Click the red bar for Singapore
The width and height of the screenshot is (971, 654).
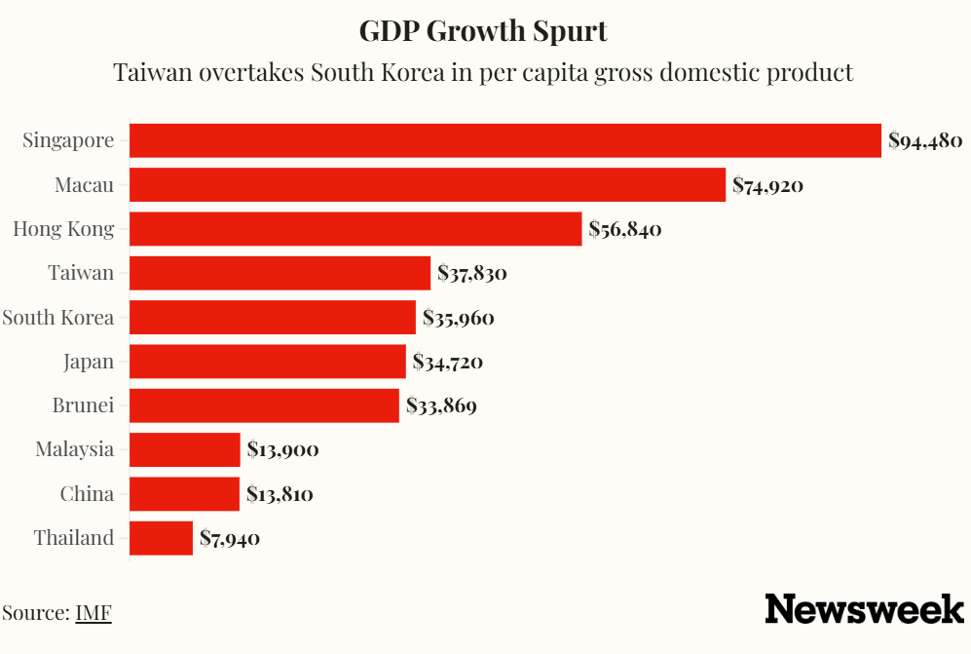pos(504,140)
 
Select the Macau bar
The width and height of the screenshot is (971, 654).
pos(427,184)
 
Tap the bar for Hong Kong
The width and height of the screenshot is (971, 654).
pos(355,229)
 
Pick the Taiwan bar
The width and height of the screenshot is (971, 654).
pos(280,273)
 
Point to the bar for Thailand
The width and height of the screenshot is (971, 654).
pos(161,538)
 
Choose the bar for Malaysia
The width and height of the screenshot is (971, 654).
pos(184,449)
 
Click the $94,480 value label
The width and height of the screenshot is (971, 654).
pos(925,140)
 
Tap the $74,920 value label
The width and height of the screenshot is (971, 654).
pos(767,184)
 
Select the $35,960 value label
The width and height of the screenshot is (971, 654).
pos(458,318)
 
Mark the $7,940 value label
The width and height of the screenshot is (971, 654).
pos(230,538)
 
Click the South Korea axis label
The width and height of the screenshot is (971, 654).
pos(58,318)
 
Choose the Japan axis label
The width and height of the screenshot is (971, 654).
pos(89,362)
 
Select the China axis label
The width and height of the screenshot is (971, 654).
pos(87,494)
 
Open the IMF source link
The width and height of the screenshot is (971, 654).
pos(93,613)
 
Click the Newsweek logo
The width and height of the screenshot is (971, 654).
pos(864,609)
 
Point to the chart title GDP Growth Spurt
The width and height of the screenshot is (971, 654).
pos(483,30)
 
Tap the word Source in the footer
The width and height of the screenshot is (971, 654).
pos(34,613)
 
